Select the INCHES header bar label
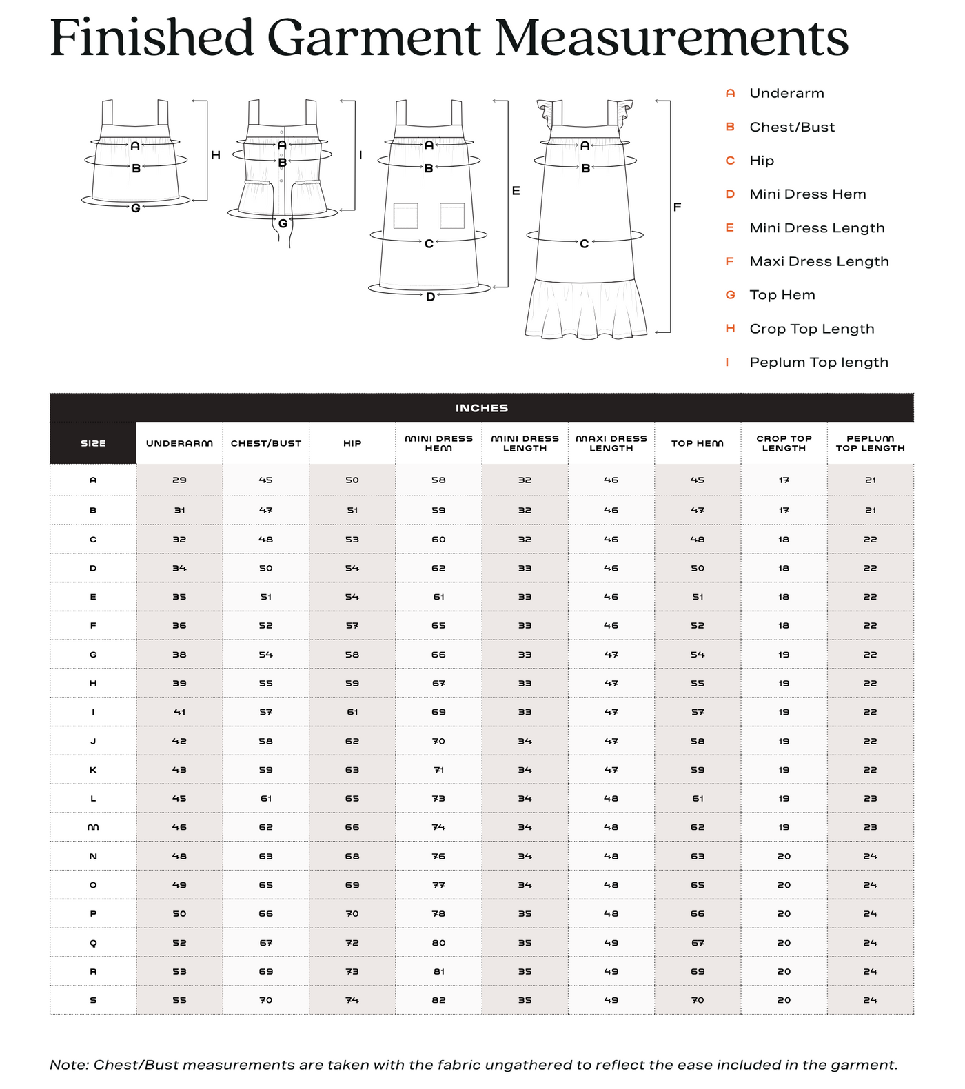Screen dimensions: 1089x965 481,408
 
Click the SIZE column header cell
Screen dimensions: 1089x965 93,443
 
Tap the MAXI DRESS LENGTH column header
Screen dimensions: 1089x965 611,443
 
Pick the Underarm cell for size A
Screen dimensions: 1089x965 179,480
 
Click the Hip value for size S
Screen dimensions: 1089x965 352,1000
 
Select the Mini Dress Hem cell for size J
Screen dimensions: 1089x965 438,741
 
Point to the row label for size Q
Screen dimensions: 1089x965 93,942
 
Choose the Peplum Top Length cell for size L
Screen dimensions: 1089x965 870,798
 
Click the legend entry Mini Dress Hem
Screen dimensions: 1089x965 807,194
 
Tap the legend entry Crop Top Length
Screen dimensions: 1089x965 811,329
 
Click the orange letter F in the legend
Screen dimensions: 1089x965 730,261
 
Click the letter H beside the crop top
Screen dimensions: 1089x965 216,156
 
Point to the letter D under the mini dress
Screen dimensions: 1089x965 430,297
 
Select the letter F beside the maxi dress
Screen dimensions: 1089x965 677,207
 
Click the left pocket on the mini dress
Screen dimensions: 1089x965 406,216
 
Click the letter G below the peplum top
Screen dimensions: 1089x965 283,223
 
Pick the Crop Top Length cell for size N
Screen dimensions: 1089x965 784,856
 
